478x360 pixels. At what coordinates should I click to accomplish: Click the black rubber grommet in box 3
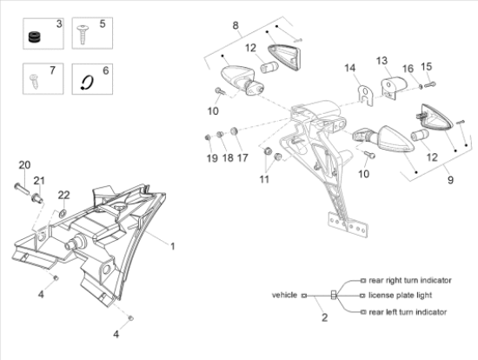click(x=36, y=37)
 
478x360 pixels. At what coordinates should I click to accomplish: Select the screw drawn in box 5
click(x=83, y=35)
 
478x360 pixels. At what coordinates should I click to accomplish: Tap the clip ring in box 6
click(x=87, y=83)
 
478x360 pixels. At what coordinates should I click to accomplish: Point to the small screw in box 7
click(x=34, y=81)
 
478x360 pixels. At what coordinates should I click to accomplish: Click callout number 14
click(x=350, y=68)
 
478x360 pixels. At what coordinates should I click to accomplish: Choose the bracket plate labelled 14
click(x=366, y=95)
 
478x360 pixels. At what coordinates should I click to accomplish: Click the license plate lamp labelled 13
click(x=395, y=87)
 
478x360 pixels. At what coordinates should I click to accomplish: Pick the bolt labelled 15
click(x=430, y=84)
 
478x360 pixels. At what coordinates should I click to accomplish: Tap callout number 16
click(x=408, y=69)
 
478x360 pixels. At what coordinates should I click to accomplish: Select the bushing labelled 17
click(x=234, y=131)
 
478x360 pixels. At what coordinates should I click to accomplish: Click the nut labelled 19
click(x=209, y=137)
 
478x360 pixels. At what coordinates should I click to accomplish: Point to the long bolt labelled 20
click(x=22, y=188)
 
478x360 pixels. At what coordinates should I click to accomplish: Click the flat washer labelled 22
click(x=63, y=213)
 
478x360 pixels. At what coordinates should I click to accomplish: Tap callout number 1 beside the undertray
click(x=173, y=246)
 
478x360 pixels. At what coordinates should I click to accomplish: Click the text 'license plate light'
click(x=400, y=296)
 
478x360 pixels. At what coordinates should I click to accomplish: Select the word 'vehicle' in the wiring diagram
click(x=284, y=295)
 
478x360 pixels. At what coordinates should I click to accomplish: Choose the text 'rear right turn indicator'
click(x=409, y=280)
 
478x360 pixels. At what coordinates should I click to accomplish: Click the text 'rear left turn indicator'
click(x=408, y=312)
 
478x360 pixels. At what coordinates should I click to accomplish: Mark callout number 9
click(x=450, y=180)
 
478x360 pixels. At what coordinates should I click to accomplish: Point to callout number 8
click(x=236, y=25)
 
